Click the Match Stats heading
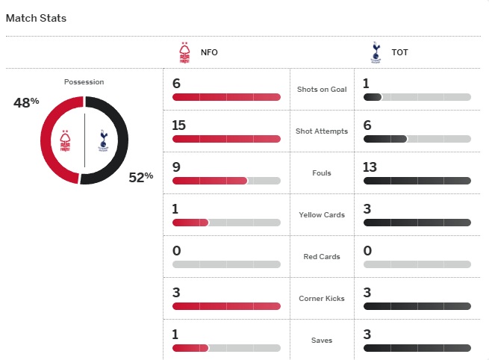pyautogui.click(x=36, y=18)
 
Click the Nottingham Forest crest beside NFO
pyautogui.click(x=184, y=52)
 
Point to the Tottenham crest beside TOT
pyautogui.click(x=376, y=52)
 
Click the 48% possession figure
pyautogui.click(x=26, y=102)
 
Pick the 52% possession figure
pyautogui.click(x=140, y=176)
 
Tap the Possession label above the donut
pyautogui.click(x=84, y=82)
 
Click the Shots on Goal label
pyautogui.click(x=322, y=90)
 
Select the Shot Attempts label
pyautogui.click(x=322, y=131)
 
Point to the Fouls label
pyautogui.click(x=322, y=173)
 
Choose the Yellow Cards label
pyautogui.click(x=322, y=215)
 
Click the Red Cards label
pyautogui.click(x=322, y=257)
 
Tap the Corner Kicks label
pyautogui.click(x=322, y=299)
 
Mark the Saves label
pyautogui.click(x=322, y=341)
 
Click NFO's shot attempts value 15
pyautogui.click(x=178, y=125)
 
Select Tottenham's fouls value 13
pyautogui.click(x=370, y=167)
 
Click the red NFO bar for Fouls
pyautogui.click(x=209, y=181)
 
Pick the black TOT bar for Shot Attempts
pyautogui.click(x=384, y=139)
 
